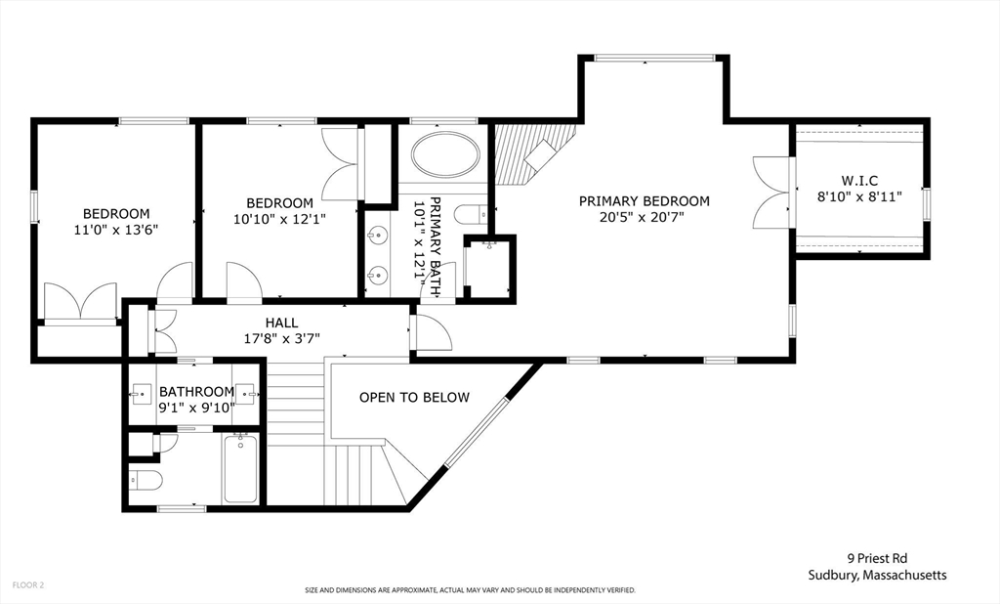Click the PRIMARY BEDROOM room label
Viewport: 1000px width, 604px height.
[x=644, y=201]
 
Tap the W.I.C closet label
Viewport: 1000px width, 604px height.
[x=858, y=180]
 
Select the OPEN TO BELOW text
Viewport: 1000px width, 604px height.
[x=414, y=398]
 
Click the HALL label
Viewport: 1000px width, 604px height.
[x=281, y=323]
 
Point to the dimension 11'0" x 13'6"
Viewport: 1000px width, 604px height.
[x=115, y=230]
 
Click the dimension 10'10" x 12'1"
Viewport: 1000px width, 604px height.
[x=279, y=219]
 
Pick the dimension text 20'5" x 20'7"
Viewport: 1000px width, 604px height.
[x=644, y=218]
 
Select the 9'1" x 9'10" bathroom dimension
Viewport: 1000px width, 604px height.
[x=196, y=409]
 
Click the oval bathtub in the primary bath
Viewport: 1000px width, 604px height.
[x=445, y=155]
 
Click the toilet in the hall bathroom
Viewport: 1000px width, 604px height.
[x=146, y=482]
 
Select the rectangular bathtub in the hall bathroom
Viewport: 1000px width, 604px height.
[x=240, y=468]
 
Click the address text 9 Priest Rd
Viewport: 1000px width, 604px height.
[x=876, y=559]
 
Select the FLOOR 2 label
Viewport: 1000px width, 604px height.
[x=28, y=584]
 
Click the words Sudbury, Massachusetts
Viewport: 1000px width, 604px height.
[x=876, y=575]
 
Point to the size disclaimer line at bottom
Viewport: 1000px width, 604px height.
[x=470, y=590]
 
